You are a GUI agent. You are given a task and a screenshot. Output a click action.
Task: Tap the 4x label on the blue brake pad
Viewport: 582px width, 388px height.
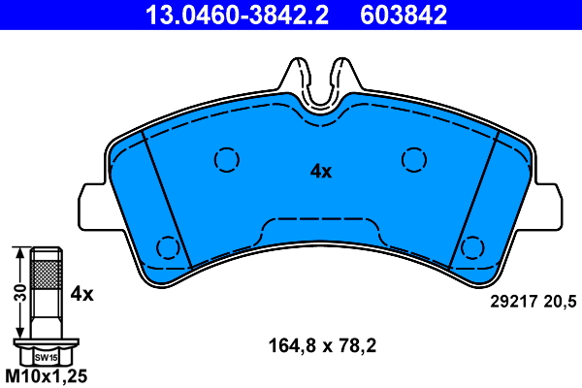point(321,172)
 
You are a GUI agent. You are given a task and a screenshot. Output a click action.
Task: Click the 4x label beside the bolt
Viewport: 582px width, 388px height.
point(81,292)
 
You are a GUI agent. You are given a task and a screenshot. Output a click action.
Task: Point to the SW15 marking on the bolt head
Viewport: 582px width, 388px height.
point(45,357)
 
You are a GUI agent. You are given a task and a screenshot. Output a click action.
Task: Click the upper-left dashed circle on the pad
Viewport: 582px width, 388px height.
point(226,159)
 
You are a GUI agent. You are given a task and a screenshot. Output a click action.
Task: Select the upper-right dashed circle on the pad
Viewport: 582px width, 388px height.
point(414,159)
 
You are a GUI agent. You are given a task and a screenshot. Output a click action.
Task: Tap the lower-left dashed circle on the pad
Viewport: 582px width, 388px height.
point(168,247)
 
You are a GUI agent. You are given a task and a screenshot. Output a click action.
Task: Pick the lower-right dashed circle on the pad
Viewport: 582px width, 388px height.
point(472,247)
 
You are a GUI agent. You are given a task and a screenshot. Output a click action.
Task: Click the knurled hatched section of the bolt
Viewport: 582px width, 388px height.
point(45,274)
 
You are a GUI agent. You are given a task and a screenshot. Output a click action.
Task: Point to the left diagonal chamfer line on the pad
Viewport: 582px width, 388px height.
point(165,199)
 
